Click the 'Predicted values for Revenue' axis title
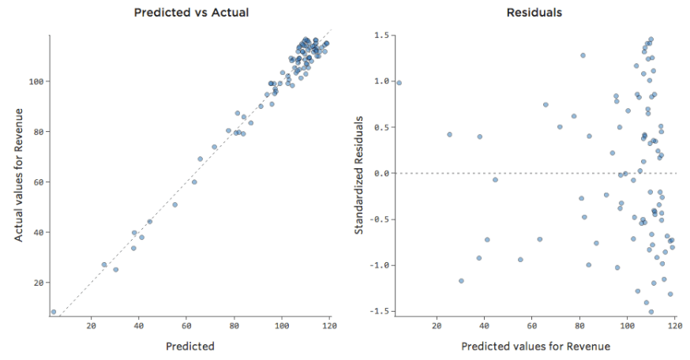(x=535, y=346)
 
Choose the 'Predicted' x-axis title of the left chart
(x=190, y=346)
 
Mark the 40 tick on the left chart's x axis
(x=139, y=325)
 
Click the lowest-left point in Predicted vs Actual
(x=54, y=312)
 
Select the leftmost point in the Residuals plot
(x=399, y=82)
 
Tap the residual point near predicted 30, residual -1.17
(x=461, y=280)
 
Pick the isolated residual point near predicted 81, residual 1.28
(x=583, y=55)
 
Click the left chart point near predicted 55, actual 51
(x=175, y=204)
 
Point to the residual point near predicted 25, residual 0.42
(x=449, y=134)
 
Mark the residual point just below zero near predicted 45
(x=495, y=179)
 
